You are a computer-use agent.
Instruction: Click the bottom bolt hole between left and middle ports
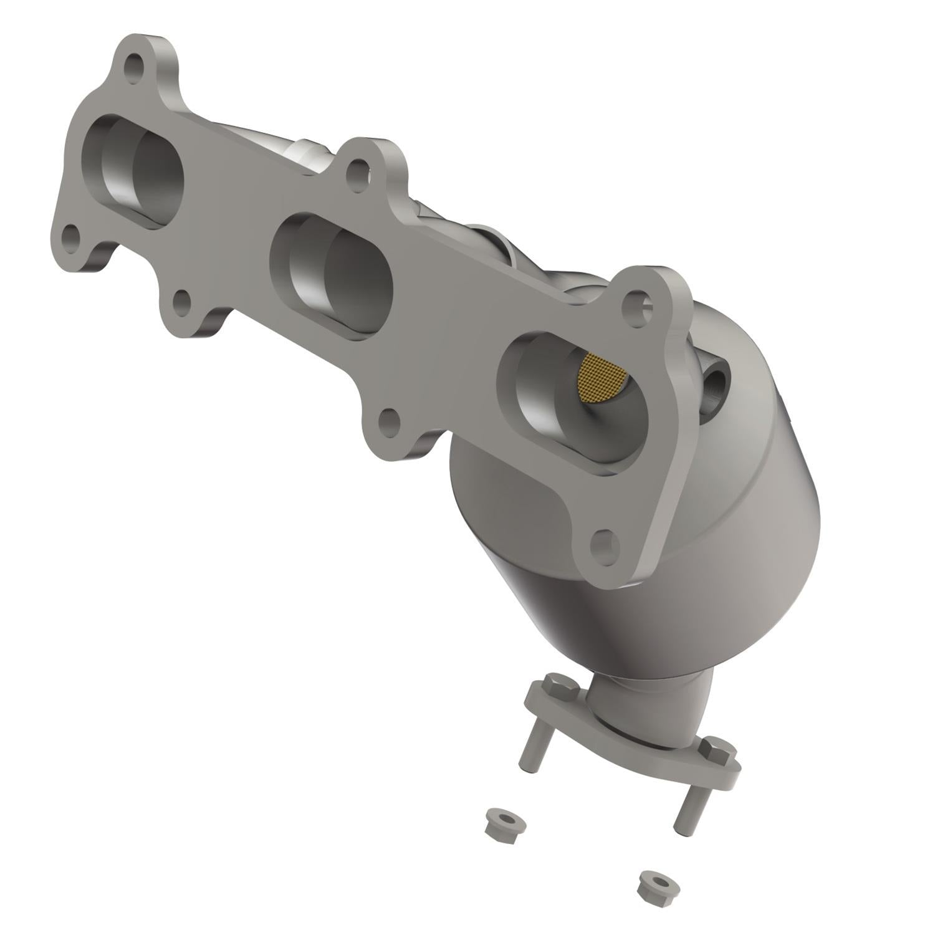click(181, 302)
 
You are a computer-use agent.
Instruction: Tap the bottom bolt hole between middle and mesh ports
click(389, 423)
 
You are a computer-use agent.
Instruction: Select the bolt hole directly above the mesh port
click(637, 304)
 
